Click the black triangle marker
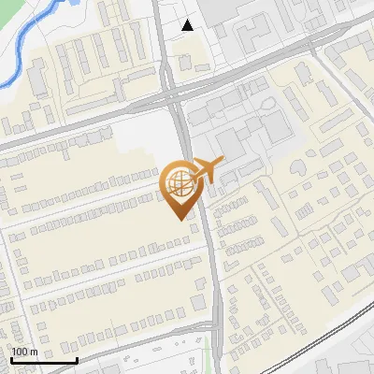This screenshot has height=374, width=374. [188, 25]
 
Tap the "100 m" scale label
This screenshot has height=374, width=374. [24, 352]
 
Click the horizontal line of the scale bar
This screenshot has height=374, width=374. [43, 360]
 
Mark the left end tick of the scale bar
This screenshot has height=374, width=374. [10, 358]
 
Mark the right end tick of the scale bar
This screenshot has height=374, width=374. [77, 358]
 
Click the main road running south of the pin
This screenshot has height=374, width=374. [214, 280]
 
